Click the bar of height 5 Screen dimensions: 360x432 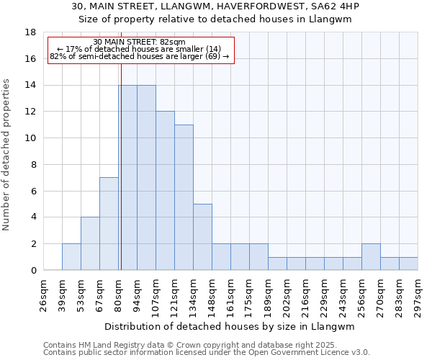click(x=202, y=237)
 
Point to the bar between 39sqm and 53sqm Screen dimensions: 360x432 click(x=71, y=257)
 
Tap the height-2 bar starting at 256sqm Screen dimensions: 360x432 click(x=371, y=257)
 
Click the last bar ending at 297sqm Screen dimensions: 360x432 click(x=408, y=264)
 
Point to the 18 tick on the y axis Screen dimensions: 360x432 click(x=31, y=32)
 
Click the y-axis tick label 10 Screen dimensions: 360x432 click(x=31, y=138)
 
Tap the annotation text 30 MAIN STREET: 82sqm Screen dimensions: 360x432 click(x=140, y=42)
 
